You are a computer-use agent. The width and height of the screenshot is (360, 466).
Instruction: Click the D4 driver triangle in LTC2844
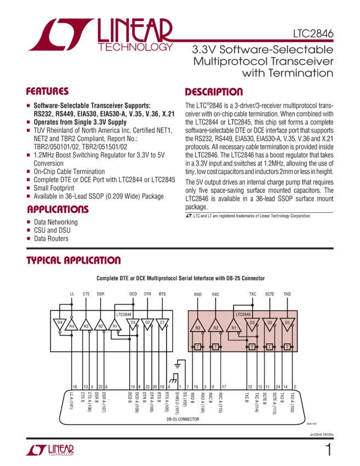[60, 322]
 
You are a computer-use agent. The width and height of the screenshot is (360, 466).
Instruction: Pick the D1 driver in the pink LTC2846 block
[287, 322]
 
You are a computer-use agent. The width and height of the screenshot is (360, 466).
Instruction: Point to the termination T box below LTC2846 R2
[215, 347]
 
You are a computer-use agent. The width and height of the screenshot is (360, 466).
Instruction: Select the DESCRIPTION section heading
[214, 92]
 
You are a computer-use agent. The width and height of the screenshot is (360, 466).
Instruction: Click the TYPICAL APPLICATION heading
[73, 260]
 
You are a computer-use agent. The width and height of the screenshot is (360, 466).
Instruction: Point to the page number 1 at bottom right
[328, 450]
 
